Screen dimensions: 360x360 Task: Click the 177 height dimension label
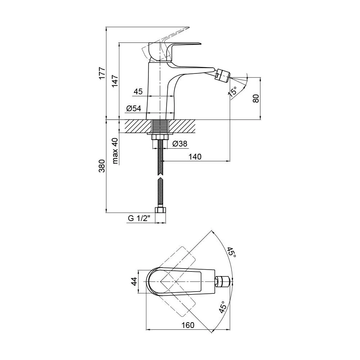pyautogui.click(x=102, y=73)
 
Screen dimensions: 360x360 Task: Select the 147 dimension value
pyautogui.click(x=115, y=81)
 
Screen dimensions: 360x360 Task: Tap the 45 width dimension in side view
pyautogui.click(x=138, y=91)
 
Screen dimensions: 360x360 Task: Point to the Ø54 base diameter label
pyautogui.click(x=134, y=108)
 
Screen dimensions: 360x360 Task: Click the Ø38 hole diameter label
pyautogui.click(x=180, y=144)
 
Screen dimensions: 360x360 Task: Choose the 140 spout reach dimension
pyautogui.click(x=195, y=157)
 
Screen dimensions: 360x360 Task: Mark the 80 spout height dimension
pyautogui.click(x=256, y=99)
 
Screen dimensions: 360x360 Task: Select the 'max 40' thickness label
pyautogui.click(x=115, y=151)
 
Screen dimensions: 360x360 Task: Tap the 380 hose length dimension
pyautogui.click(x=102, y=166)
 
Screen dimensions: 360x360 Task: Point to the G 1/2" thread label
pyautogui.click(x=139, y=218)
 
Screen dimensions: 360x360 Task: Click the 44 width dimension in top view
pyautogui.click(x=134, y=282)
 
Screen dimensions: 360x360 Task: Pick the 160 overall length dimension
pyautogui.click(x=188, y=325)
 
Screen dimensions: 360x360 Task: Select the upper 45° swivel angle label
pyautogui.click(x=231, y=252)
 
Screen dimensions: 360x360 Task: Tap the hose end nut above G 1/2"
pyautogui.click(x=161, y=210)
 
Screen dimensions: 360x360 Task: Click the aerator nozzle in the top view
pyautogui.click(x=223, y=282)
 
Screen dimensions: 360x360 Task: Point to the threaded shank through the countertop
pyautogui.click(x=161, y=126)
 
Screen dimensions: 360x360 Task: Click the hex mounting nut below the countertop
pyautogui.click(x=161, y=137)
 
